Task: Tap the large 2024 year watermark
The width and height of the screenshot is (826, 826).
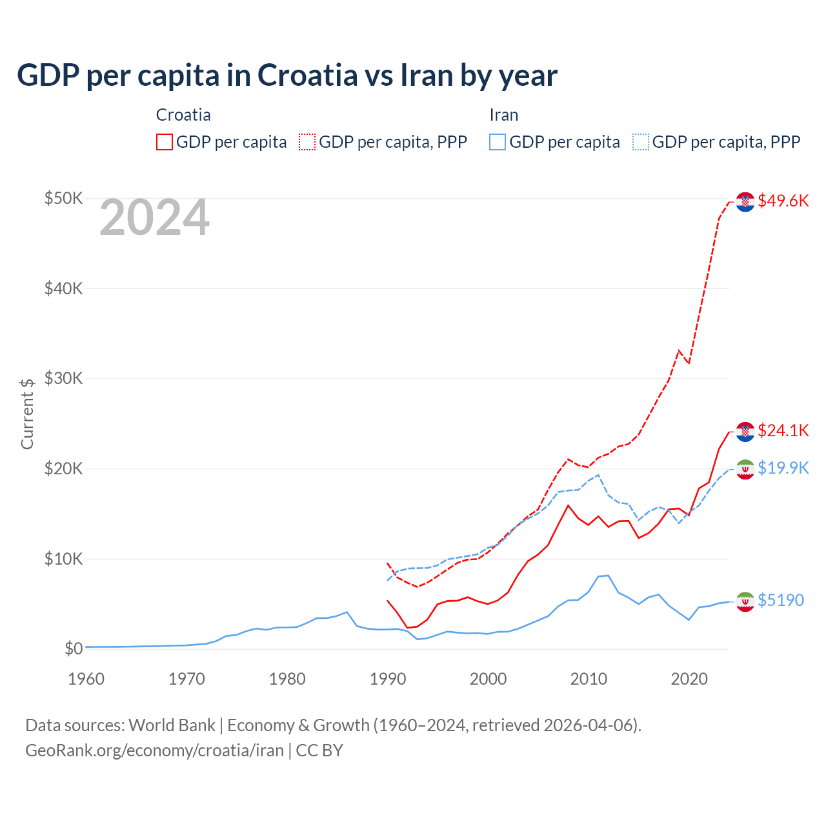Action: [154, 217]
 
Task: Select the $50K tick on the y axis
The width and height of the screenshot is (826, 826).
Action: [63, 198]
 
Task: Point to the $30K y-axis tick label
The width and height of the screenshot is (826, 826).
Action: [63, 378]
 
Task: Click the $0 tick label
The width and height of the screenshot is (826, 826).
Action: [73, 649]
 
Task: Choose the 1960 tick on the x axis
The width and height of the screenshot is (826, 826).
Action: [86, 679]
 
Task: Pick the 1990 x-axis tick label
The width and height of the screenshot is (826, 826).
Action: [387, 679]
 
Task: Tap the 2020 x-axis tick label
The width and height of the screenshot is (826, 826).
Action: [689, 679]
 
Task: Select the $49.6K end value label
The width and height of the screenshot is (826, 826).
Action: [783, 201]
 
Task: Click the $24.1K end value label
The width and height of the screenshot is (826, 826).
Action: [783, 430]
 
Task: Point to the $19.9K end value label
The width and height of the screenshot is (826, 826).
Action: [783, 468]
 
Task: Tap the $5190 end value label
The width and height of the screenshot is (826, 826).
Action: [781, 600]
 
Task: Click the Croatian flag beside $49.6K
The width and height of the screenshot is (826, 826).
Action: [745, 201]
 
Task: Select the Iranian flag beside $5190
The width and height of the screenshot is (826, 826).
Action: [745, 601]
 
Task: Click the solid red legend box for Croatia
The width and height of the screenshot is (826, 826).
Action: [165, 142]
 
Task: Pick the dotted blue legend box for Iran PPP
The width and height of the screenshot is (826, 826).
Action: [641, 142]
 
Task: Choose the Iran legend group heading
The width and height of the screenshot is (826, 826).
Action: [504, 115]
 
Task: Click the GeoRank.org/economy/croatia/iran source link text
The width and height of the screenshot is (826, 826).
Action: [154, 750]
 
